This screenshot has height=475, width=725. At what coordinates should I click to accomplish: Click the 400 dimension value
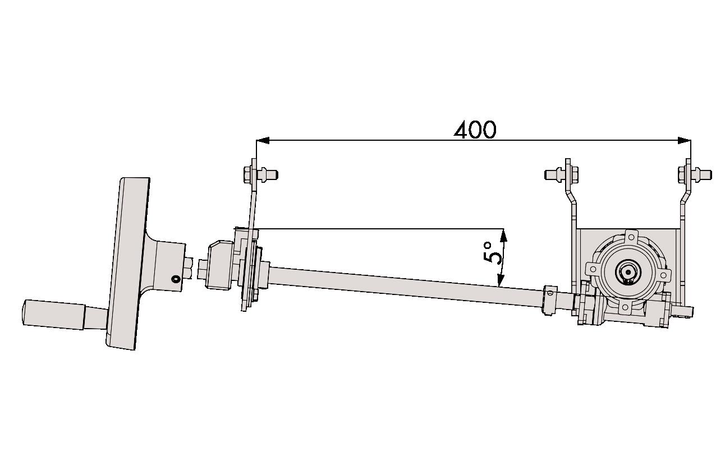click(475, 130)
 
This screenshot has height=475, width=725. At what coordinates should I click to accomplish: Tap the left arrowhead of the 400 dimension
click(263, 140)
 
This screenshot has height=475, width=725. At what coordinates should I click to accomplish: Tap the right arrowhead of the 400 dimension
click(684, 140)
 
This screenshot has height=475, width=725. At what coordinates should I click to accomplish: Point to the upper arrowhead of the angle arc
click(503, 236)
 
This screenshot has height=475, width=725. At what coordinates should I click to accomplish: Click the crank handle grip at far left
click(54, 315)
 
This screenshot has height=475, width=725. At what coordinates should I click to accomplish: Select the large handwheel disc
click(127, 264)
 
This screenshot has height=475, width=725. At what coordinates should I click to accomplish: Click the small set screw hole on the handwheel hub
click(176, 279)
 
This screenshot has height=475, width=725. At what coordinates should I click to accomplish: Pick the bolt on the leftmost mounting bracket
click(261, 175)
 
